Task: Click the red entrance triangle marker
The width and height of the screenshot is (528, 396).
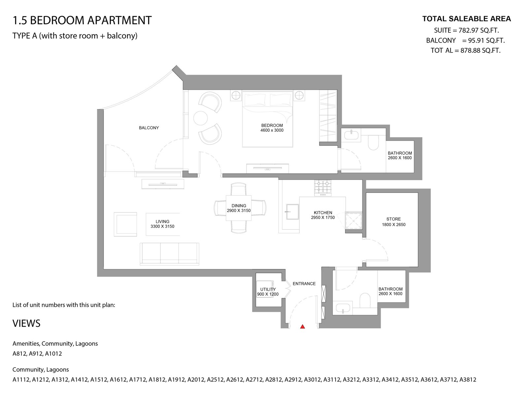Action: (302, 326)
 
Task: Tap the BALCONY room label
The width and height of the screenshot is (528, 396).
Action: (149, 128)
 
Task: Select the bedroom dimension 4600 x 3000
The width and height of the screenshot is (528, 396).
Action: (272, 130)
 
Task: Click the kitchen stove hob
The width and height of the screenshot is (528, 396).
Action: (322, 188)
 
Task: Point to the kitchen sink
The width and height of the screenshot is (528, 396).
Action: (292, 212)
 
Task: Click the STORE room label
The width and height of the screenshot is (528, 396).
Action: (394, 219)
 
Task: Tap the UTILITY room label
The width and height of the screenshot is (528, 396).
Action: (268, 289)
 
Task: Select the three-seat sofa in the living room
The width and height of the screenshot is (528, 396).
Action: (169, 254)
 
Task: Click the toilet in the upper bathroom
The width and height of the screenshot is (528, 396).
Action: (373, 142)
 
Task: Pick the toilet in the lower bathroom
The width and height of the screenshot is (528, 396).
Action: (365, 300)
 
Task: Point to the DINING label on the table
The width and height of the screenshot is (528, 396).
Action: (239, 206)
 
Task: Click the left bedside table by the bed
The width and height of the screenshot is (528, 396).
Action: (236, 95)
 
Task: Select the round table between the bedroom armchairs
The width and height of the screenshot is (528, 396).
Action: (200, 118)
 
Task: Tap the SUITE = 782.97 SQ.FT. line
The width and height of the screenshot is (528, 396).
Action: (466, 30)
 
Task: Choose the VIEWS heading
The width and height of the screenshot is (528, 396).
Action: (26, 323)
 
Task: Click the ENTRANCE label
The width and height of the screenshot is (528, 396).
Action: (304, 284)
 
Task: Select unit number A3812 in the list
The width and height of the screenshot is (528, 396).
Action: (468, 379)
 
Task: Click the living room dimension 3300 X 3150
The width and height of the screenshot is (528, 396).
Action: (162, 226)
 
